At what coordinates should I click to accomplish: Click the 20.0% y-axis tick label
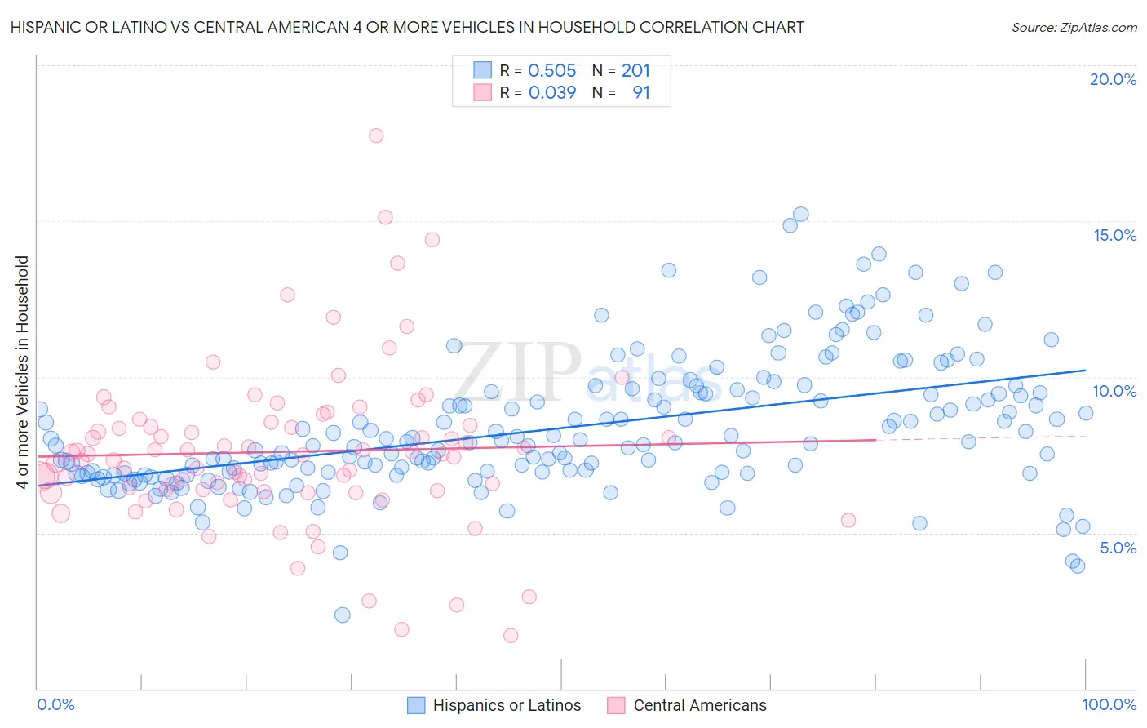(1113, 79)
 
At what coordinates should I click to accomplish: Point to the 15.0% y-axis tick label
(1114, 235)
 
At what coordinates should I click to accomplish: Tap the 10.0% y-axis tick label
(1114, 391)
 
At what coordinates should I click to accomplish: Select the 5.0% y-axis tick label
(1118, 548)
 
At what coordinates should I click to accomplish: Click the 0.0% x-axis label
(56, 704)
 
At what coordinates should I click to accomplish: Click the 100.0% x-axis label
(1109, 704)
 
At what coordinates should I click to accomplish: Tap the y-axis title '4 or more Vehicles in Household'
(23, 372)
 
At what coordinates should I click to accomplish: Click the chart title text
(407, 27)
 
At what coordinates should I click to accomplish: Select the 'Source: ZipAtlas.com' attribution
(1074, 27)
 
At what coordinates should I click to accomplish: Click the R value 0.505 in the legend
(551, 71)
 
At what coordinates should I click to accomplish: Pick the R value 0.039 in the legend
(551, 93)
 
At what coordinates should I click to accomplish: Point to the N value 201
(635, 71)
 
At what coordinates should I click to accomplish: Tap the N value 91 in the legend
(641, 93)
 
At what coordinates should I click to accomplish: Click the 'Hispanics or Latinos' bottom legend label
(507, 705)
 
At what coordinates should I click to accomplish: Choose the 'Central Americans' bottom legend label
(700, 705)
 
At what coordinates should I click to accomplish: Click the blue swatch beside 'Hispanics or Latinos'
(416, 705)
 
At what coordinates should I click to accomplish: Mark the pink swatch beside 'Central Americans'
(616, 705)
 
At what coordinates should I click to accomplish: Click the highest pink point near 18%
(376, 135)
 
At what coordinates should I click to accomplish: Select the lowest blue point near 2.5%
(343, 615)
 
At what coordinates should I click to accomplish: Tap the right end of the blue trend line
(1086, 371)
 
